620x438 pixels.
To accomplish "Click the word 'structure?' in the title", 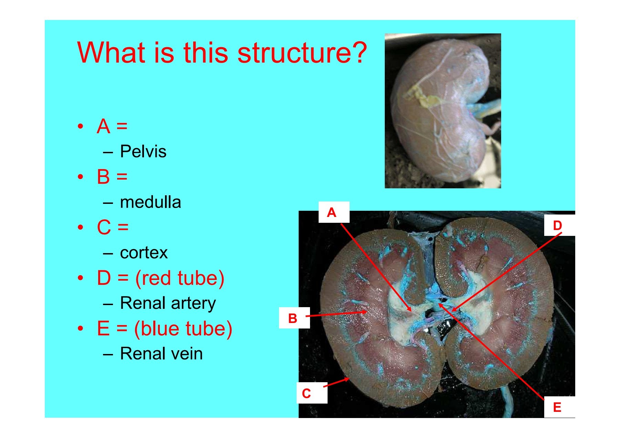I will click(x=302, y=53).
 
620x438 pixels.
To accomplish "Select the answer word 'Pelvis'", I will click(x=143, y=152).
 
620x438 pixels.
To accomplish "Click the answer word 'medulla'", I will click(x=150, y=202).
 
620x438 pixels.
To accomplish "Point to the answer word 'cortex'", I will click(x=144, y=253).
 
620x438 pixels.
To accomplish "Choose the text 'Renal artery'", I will click(x=168, y=303).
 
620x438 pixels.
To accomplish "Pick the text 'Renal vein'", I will click(x=161, y=354).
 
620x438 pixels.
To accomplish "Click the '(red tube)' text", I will click(x=179, y=278).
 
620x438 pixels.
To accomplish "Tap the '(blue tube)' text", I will click(x=183, y=328).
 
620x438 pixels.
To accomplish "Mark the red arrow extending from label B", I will click(x=336, y=314).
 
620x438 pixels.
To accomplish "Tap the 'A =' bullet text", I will click(x=112, y=126).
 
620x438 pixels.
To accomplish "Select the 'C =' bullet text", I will click(x=112, y=227).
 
